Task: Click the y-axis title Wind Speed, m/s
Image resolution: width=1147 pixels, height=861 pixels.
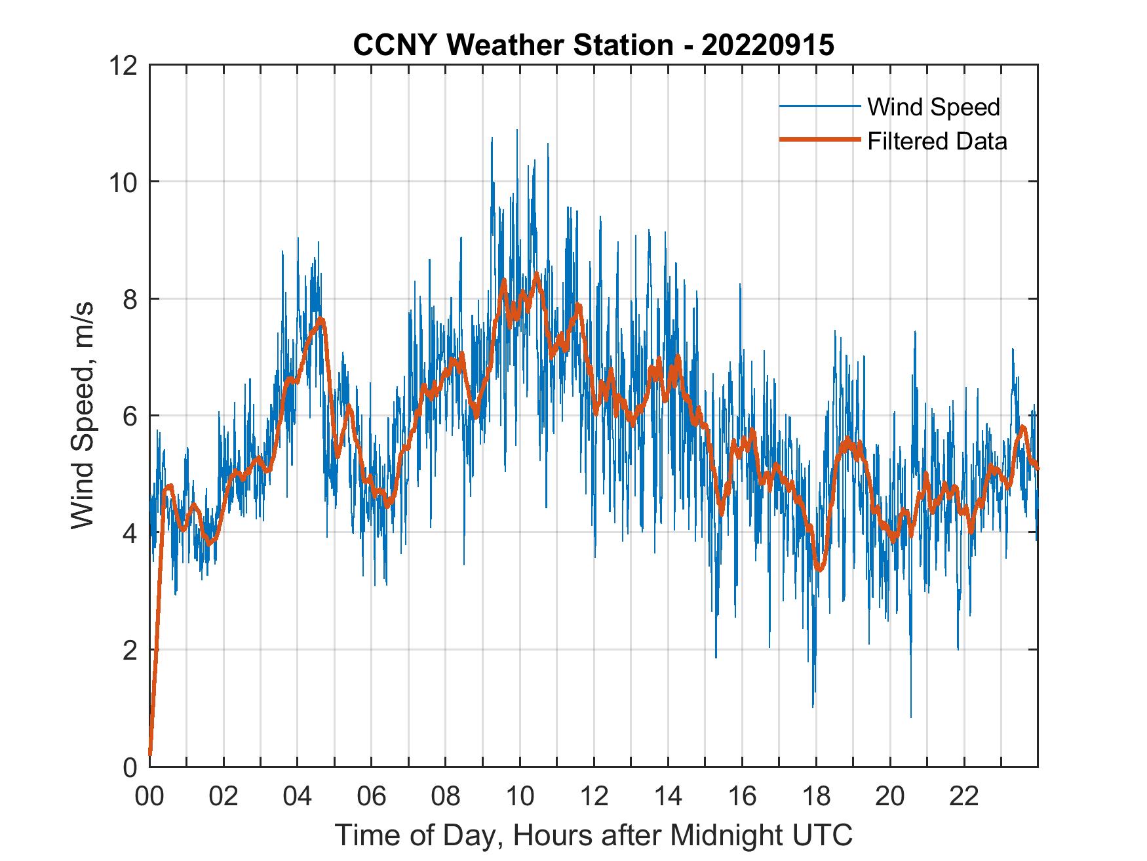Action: point(82,415)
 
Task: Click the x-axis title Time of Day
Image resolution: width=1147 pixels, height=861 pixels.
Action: point(593,835)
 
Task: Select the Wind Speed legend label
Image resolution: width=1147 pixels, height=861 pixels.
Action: point(933,107)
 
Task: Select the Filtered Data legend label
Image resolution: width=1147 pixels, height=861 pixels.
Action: point(937,141)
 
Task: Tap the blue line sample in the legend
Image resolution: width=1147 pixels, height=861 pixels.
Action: point(819,106)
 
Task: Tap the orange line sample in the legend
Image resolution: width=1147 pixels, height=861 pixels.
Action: point(819,140)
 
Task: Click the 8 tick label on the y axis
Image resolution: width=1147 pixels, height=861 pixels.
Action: point(128,299)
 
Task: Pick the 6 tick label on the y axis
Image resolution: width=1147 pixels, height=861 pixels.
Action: point(128,416)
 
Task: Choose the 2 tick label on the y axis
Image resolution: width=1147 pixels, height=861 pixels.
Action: point(128,650)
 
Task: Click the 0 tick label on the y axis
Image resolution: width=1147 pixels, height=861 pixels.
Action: point(128,767)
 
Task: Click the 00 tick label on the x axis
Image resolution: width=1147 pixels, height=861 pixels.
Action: point(149,797)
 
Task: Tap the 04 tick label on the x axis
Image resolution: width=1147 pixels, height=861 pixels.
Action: point(298,797)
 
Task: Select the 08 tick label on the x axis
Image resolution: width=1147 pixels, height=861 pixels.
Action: point(446,797)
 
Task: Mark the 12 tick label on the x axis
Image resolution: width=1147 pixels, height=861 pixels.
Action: point(594,797)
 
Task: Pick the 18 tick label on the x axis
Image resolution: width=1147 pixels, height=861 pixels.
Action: point(816,797)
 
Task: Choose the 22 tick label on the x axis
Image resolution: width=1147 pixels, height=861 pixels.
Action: point(964,797)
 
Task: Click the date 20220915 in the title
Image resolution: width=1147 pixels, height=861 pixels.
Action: point(768,45)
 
